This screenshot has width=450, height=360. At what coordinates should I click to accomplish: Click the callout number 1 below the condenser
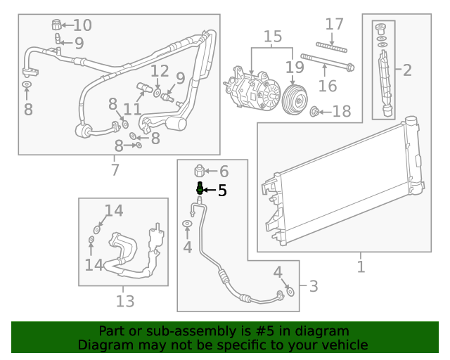click(361, 267)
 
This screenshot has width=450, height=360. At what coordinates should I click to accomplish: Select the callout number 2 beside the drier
click(406, 69)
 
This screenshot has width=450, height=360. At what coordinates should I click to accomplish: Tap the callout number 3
click(313, 286)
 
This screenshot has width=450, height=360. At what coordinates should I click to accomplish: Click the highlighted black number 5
click(221, 190)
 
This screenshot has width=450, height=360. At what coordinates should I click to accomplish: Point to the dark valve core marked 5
click(200, 189)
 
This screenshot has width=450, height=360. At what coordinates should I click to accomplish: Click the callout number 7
click(115, 169)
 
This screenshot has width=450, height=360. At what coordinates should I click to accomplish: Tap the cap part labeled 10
click(56, 26)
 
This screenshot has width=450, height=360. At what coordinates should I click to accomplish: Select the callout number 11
click(132, 109)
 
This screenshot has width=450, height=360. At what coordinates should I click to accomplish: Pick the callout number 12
click(160, 71)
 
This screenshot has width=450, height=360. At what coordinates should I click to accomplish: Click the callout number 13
click(124, 301)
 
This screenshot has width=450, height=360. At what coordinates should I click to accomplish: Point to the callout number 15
click(272, 36)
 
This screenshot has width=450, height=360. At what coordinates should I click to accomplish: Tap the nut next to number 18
click(316, 111)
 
